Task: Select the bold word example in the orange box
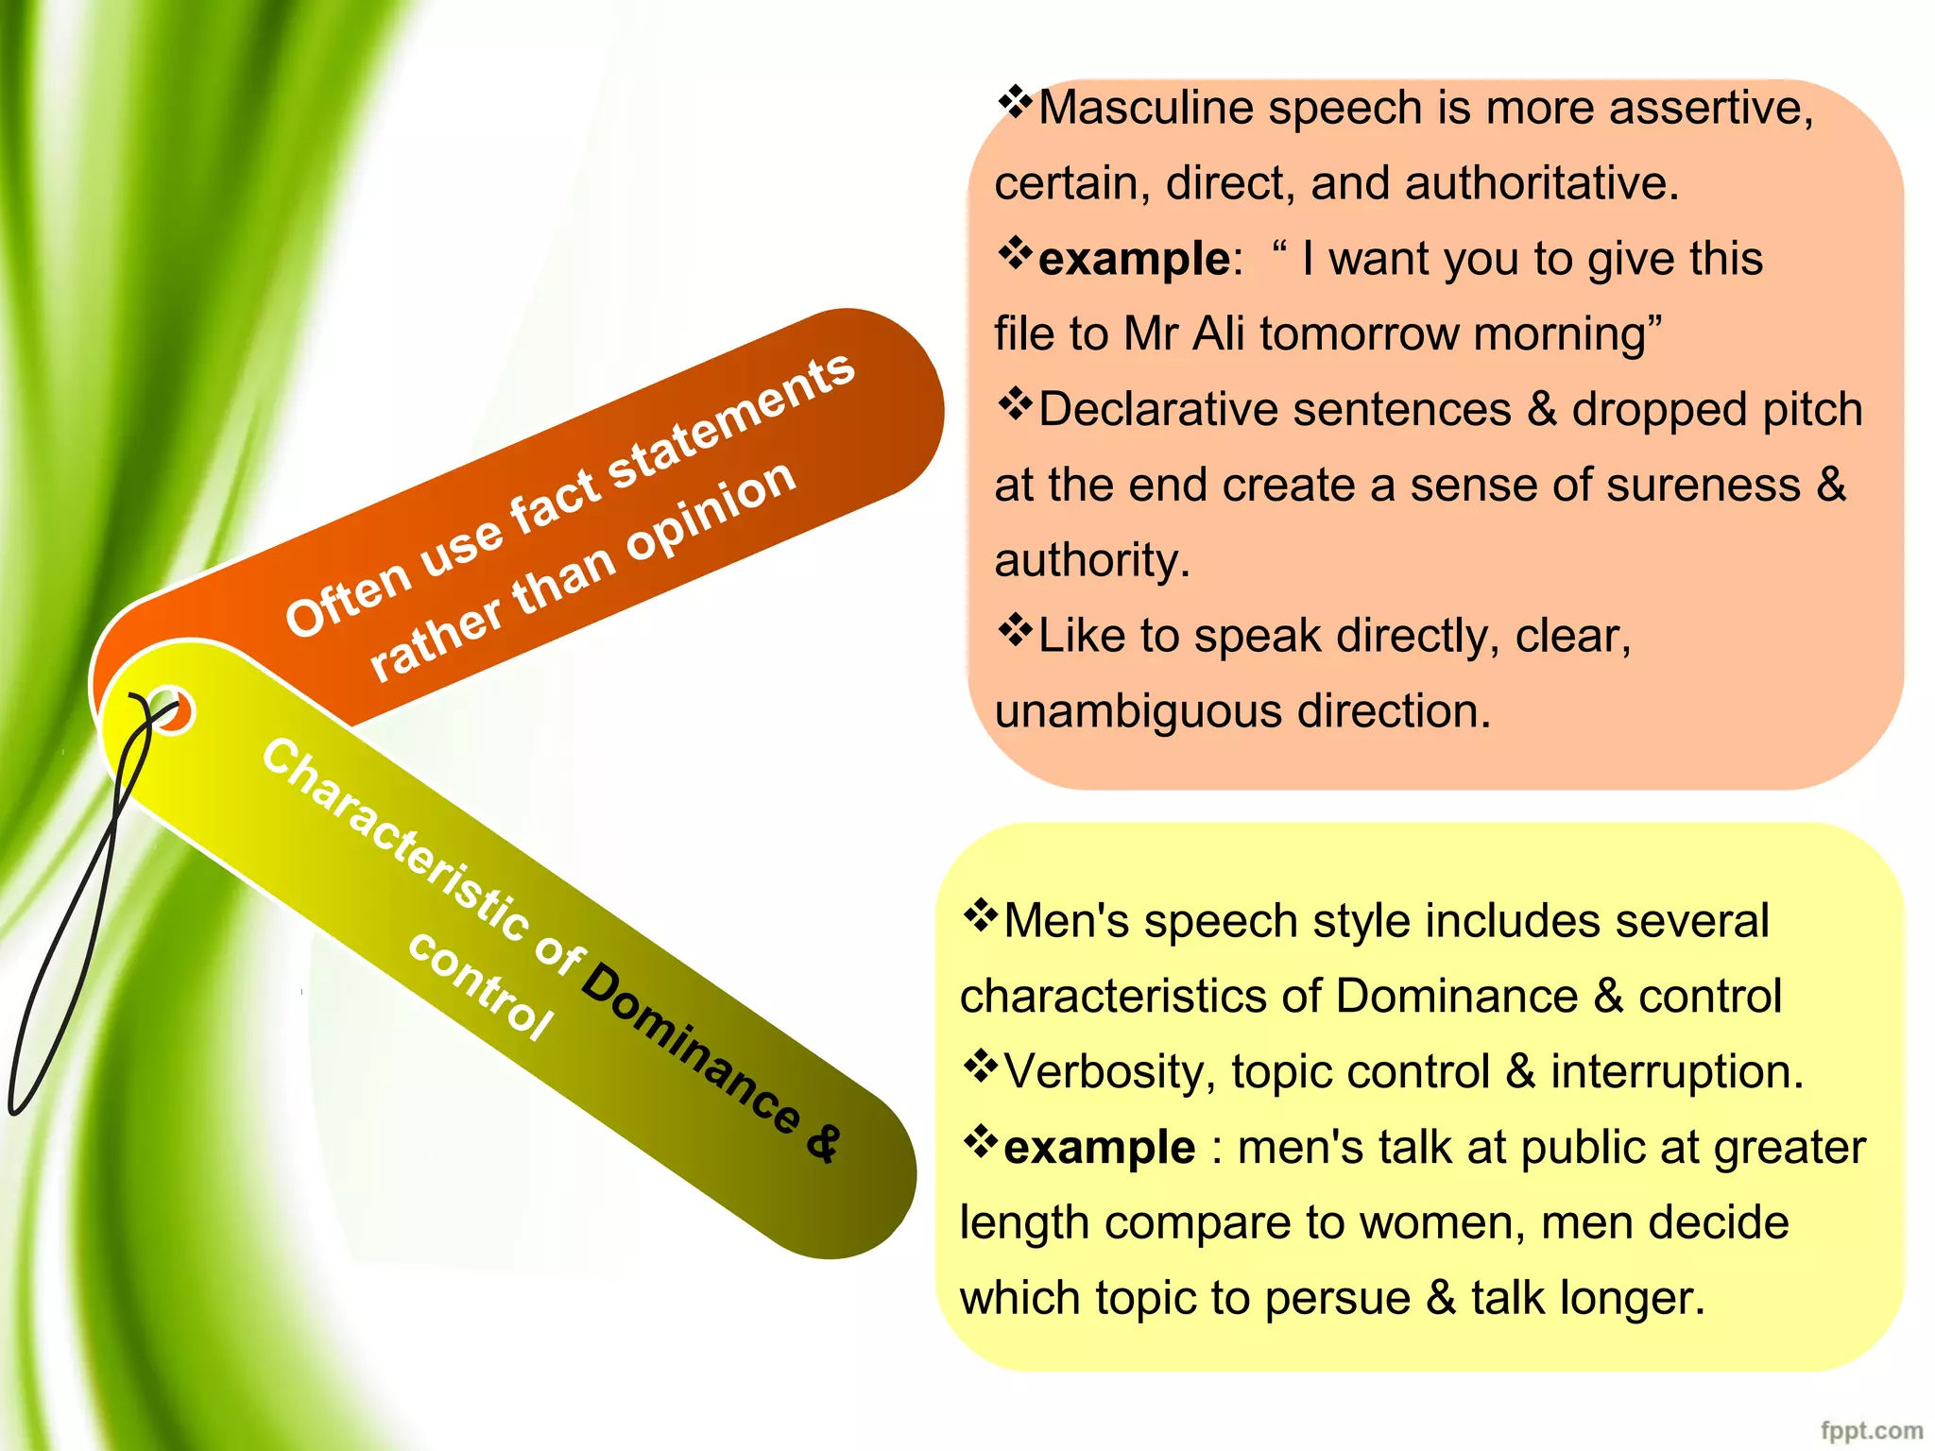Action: tap(1134, 259)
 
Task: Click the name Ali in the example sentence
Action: tap(1218, 334)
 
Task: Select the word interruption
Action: tap(1676, 1072)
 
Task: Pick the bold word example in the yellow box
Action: tap(1099, 1148)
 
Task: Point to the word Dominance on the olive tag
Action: tap(690, 1049)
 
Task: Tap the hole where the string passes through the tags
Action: tap(170, 711)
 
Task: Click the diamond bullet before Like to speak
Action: tap(1014, 631)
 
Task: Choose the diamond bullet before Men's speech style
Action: tap(980, 915)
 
